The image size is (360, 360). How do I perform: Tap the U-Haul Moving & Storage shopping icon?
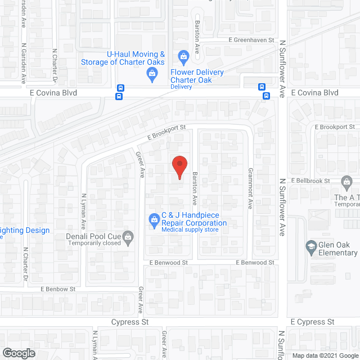pyautogui.click(x=151, y=73)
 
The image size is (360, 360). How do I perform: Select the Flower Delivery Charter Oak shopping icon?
pyautogui.click(x=183, y=56)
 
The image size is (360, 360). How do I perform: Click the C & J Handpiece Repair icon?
pyautogui.click(x=153, y=219)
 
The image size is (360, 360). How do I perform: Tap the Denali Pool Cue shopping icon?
pyautogui.click(x=128, y=237)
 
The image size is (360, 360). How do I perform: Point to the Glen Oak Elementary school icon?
pyautogui.click(x=310, y=246)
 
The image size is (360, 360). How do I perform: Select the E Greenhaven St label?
pyautogui.click(x=251, y=40)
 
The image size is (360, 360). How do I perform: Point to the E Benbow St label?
pyautogui.click(x=58, y=289)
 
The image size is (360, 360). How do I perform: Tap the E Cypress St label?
pyautogui.click(x=312, y=322)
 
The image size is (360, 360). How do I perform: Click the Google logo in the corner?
pyautogui.click(x=18, y=353)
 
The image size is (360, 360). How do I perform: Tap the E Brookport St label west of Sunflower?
pyautogui.click(x=166, y=132)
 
